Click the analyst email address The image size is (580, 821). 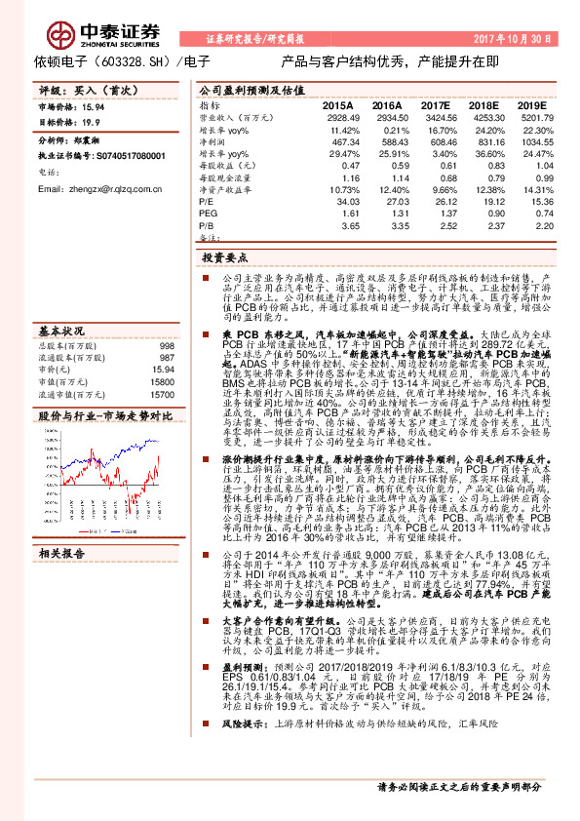[99, 188]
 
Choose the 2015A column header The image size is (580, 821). [337, 104]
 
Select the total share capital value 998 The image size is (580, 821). [167, 319]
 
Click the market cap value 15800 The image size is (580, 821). [163, 356]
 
